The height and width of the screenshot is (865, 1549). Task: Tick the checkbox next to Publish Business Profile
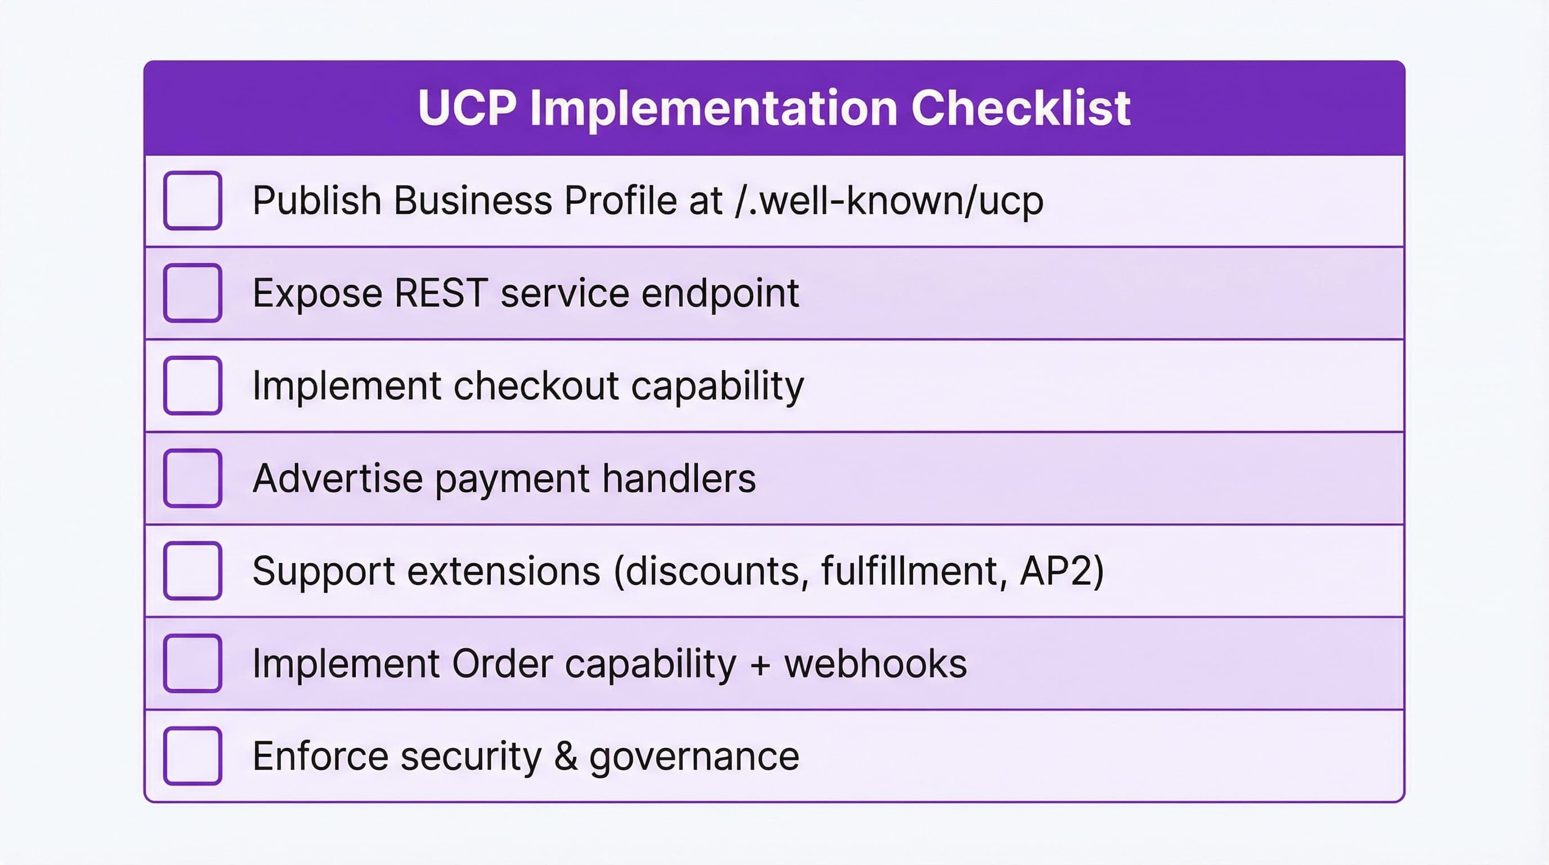coord(192,200)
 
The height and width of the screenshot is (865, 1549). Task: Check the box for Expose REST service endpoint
coord(192,293)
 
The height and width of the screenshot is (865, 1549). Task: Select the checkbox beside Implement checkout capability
coord(192,386)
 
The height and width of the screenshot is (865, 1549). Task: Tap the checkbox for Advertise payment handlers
coord(192,478)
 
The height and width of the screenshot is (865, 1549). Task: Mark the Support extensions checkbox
coord(192,571)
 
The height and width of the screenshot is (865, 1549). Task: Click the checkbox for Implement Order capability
coord(192,663)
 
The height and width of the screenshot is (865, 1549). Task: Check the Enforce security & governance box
coord(192,756)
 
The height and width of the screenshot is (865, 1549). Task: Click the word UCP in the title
coord(467,108)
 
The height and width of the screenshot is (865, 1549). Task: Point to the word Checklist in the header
coord(1021,108)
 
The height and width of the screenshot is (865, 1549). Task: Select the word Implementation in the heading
coord(714,108)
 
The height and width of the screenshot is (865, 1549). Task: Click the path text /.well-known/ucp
coord(889,200)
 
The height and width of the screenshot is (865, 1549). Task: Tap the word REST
coord(440,293)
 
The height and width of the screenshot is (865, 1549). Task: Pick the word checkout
coord(536,386)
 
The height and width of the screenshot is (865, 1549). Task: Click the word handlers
coord(679,478)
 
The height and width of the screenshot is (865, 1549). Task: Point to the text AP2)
coord(1062,571)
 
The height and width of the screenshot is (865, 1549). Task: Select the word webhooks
coord(875,663)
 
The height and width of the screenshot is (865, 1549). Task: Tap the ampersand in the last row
coord(566,756)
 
